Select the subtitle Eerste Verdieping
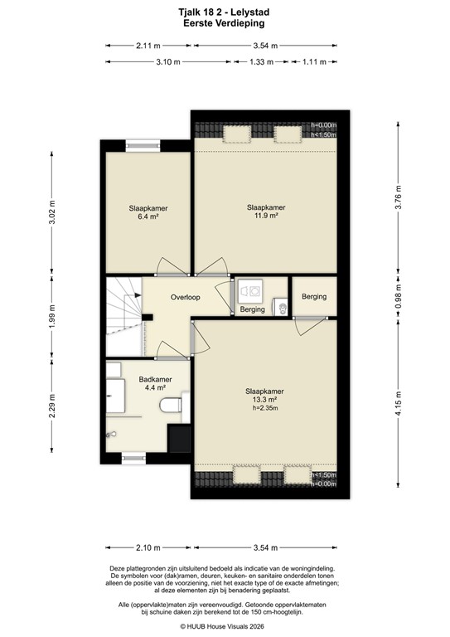point(225,25)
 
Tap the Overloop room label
point(187,296)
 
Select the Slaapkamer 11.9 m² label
point(266,212)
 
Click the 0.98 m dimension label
point(399,296)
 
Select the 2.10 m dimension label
point(148,548)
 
